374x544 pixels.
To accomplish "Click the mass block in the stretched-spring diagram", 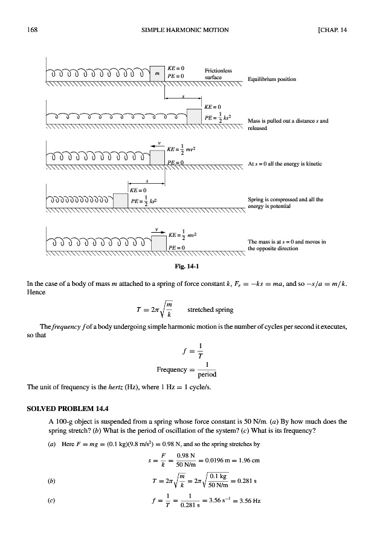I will (x=194, y=115).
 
